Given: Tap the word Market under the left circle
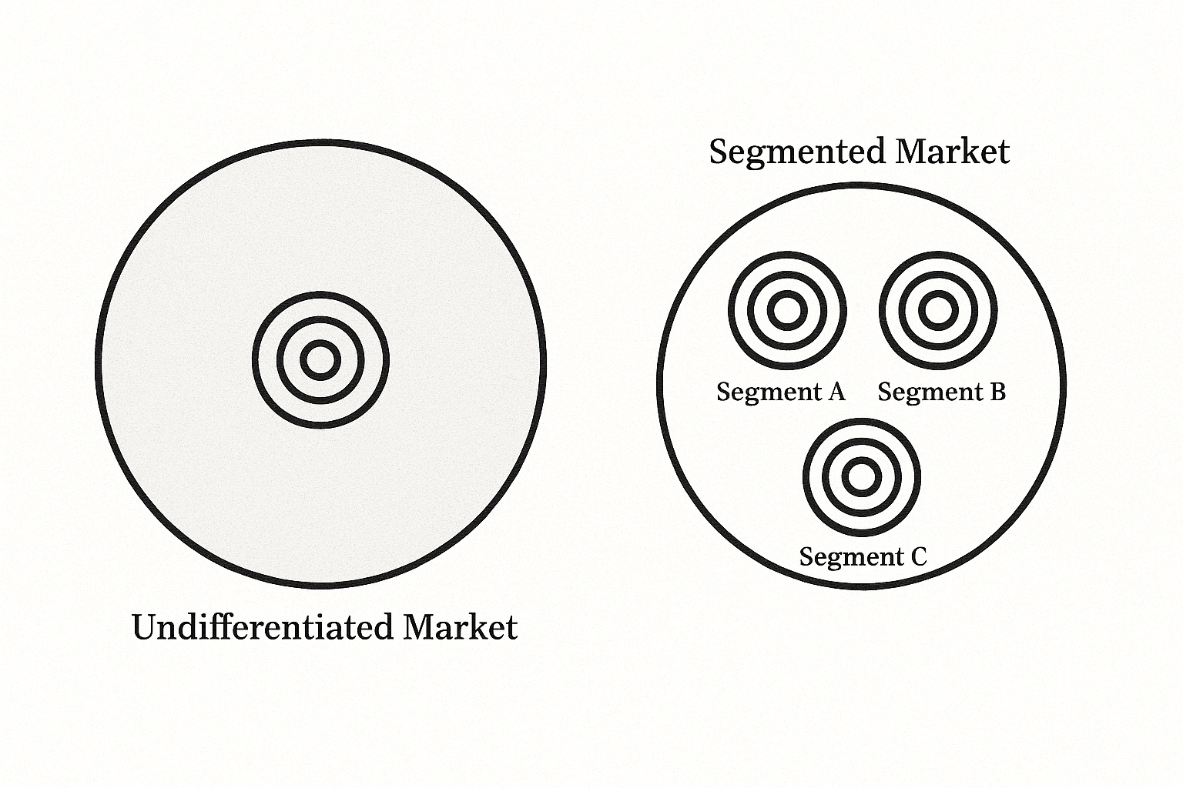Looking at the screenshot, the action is pos(461,626).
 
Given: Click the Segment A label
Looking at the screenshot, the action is pos(780,392).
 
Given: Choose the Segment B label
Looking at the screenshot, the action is pos(941,392).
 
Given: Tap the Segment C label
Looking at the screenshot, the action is pos(863,556).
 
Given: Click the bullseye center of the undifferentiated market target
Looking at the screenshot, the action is pos(320,359).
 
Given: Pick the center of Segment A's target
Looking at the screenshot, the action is pos(787,311).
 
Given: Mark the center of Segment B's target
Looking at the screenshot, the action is pos(938,311).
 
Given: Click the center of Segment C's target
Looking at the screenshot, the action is pos(862,476).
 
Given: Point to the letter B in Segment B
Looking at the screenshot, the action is pos(997,392).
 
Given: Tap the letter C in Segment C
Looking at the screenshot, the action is pos(918,556).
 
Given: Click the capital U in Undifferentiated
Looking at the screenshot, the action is pos(145,626).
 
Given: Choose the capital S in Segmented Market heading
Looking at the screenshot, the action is pos(719,151).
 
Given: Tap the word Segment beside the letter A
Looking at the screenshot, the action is pos(767,392).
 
